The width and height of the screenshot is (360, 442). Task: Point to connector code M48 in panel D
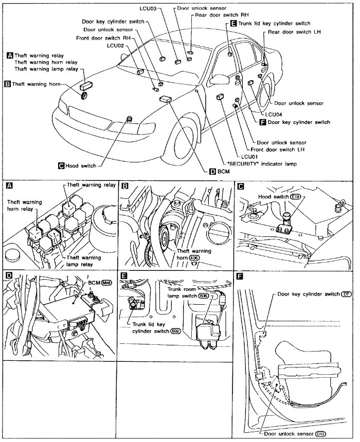click(107, 283)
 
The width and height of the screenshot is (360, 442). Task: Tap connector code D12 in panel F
click(321, 434)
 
